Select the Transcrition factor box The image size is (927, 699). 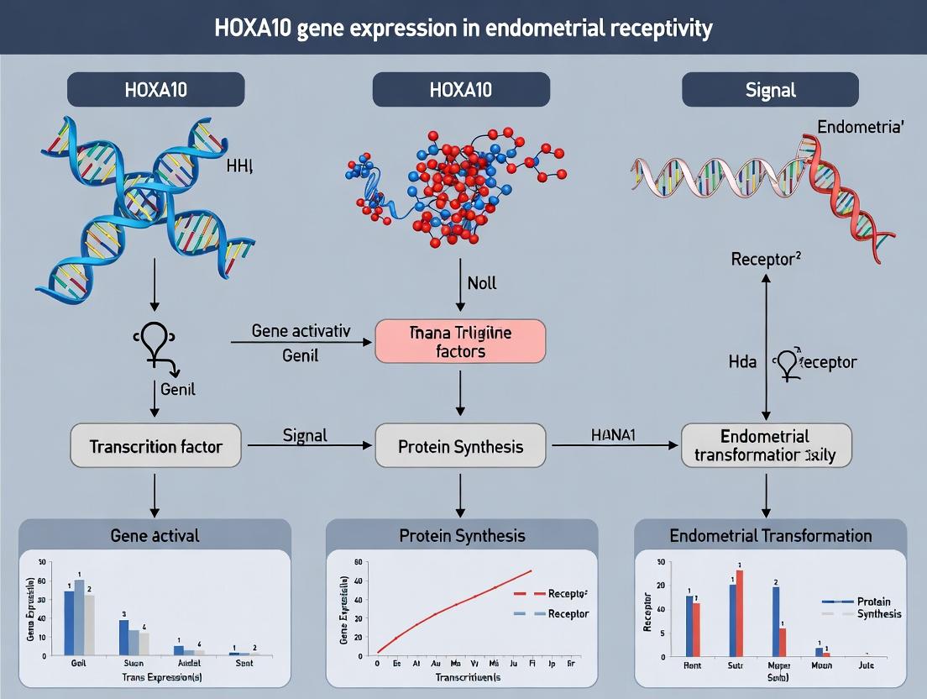(155, 446)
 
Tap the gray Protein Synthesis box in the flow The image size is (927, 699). (460, 446)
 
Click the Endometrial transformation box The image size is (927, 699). (765, 446)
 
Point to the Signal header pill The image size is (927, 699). (770, 89)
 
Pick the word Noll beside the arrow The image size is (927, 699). (482, 283)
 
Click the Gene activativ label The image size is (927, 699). (301, 331)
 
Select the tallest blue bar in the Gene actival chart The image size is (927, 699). (70, 623)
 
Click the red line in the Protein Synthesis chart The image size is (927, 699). (453, 605)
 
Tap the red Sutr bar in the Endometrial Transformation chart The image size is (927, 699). (740, 612)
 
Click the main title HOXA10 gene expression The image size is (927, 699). (463, 28)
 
